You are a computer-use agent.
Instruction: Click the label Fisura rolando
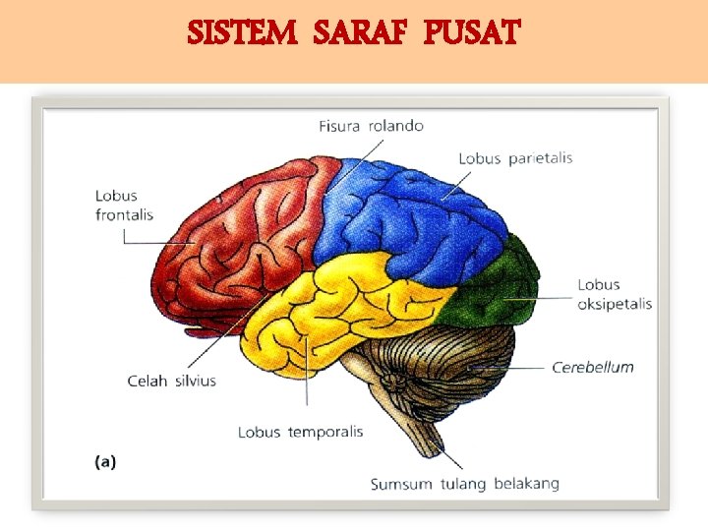coord(371,126)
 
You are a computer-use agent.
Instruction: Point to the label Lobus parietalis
coord(515,158)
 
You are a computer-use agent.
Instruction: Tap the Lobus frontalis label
coord(124,206)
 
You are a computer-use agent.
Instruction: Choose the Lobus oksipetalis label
coord(615,295)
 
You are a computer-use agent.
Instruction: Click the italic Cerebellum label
coord(592,368)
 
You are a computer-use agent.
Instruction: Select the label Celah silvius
coord(171,381)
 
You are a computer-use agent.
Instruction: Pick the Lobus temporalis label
coord(300,432)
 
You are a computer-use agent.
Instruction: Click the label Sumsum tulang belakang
coord(464,484)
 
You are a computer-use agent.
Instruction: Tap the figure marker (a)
coord(104,461)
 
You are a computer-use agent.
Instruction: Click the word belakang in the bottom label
coord(526,484)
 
